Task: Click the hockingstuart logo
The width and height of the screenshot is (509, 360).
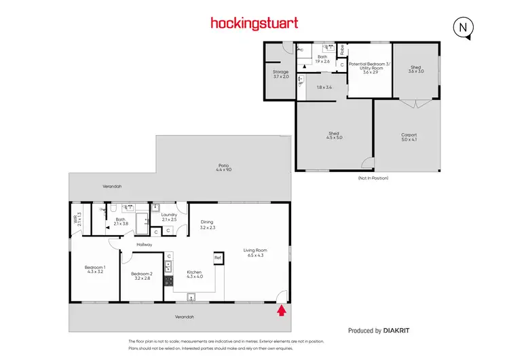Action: (x=254, y=23)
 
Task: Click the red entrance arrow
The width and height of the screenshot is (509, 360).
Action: (x=282, y=311)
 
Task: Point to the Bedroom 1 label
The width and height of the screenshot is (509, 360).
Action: (x=93, y=269)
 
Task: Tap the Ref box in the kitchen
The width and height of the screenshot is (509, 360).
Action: (x=218, y=257)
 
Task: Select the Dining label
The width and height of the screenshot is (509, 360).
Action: (x=208, y=224)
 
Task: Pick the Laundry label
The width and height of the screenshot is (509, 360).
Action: (x=169, y=217)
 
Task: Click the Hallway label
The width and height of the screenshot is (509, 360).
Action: (x=143, y=245)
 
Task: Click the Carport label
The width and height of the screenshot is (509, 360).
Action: (x=409, y=137)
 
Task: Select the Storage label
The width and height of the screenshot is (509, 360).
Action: (x=280, y=74)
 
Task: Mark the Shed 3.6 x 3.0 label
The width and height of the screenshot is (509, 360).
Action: (x=415, y=69)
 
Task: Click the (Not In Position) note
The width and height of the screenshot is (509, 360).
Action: (x=372, y=177)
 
